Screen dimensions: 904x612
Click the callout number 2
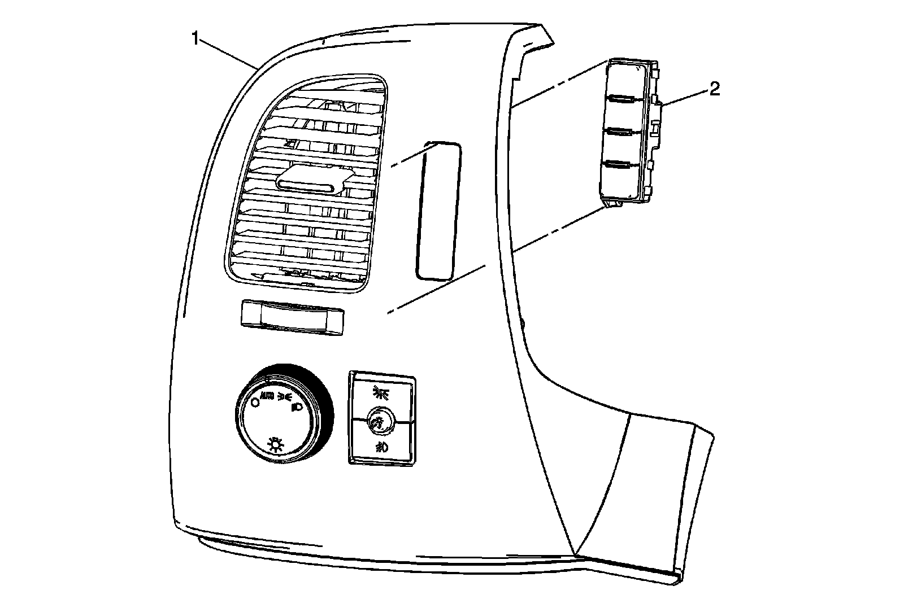coord(715,89)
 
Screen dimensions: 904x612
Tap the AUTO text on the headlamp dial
coord(267,395)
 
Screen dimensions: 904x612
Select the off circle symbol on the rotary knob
coord(254,402)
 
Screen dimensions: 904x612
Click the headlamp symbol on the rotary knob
coord(295,405)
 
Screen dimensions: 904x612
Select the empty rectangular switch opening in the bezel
coord(439,211)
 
